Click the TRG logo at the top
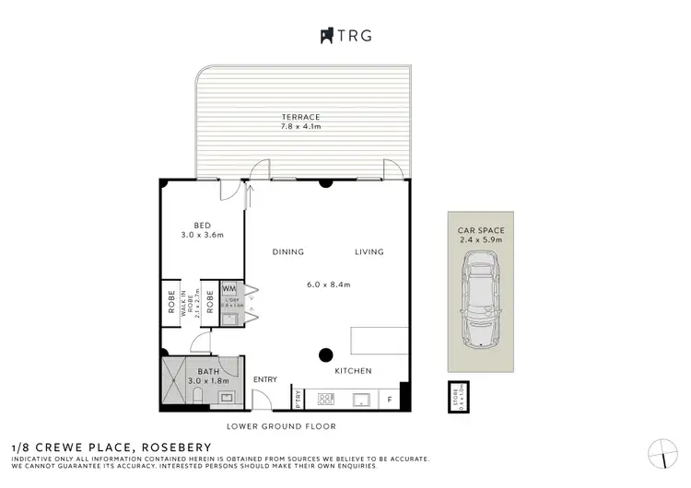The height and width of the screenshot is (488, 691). [345, 36]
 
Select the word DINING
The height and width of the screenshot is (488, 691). [287, 251]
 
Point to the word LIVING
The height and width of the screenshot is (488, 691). [369, 251]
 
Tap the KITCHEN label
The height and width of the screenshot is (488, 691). [353, 371]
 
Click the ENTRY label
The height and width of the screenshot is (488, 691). [265, 379]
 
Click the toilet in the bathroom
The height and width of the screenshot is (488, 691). [198, 397]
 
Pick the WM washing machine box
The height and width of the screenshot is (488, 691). [228, 289]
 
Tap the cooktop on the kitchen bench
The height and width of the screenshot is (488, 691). [325, 400]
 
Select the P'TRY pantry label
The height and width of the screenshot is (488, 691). [299, 399]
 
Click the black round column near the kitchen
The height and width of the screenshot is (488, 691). [325, 354]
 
